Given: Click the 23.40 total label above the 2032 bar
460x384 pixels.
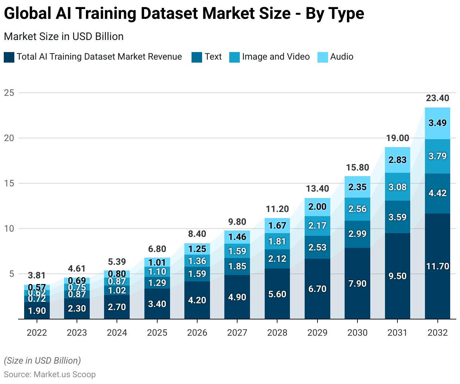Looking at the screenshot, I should pyautogui.click(x=437, y=98).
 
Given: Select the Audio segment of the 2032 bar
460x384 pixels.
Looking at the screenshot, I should pyautogui.click(x=437, y=123).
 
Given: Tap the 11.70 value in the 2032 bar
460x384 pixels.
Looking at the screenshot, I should pyautogui.click(x=437, y=266).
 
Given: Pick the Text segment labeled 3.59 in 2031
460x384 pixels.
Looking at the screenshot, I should pyautogui.click(x=397, y=217).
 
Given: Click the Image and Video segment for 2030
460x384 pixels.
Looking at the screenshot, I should pyautogui.click(x=357, y=209).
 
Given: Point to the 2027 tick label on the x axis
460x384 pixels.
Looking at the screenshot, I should pyautogui.click(x=237, y=333).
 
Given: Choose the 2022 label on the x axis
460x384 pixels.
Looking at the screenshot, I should pyautogui.click(x=37, y=333).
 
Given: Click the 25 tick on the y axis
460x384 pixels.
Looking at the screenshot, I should pyautogui.click(x=9, y=93).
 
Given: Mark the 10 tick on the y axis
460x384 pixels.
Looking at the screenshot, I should pyautogui.click(x=9, y=229).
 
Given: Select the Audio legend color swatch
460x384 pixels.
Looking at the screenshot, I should pyautogui.click(x=323, y=57).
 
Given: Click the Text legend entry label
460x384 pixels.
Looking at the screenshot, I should pyautogui.click(x=213, y=57).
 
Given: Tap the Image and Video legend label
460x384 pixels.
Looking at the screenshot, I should pyautogui.click(x=276, y=57).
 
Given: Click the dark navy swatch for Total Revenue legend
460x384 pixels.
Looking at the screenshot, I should pyautogui.click(x=9, y=57).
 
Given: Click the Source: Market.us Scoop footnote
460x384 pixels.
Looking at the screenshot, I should pyautogui.click(x=50, y=375).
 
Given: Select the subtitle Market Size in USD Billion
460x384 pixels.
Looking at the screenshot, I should pyautogui.click(x=64, y=37).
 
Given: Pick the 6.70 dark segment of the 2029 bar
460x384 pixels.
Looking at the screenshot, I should pyautogui.click(x=317, y=289).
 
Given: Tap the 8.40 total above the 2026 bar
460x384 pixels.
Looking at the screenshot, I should pyautogui.click(x=197, y=234).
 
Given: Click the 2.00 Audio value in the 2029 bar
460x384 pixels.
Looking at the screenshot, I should pyautogui.click(x=317, y=207).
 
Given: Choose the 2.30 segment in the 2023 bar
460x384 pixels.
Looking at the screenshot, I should pyautogui.click(x=77, y=309).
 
